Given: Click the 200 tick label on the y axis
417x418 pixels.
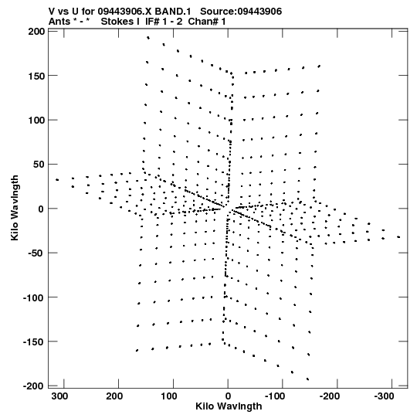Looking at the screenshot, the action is tap(36, 32).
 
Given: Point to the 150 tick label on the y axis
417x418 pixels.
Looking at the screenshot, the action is tap(36, 76).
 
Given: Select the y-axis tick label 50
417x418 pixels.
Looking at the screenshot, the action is tap(39, 165).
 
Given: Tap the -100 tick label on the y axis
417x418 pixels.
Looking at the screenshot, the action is tap(34, 297).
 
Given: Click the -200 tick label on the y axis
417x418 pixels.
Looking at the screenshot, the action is tap(34, 386).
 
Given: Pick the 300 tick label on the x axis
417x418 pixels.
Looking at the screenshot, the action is tap(59, 396).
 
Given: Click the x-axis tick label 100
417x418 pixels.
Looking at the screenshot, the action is tap(169, 396).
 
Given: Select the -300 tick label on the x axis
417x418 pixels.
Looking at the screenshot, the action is tap(384, 396).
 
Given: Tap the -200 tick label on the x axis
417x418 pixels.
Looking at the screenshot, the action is tap(329, 396).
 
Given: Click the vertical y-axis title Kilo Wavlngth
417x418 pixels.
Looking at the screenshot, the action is tap(15, 208).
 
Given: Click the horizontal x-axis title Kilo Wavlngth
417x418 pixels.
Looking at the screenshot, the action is tap(229, 406).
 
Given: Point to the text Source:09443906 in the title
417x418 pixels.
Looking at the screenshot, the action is tap(241, 12).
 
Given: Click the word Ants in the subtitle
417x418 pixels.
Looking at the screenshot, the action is tap(59, 22).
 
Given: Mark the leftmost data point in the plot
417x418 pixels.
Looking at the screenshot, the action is tap(57, 180).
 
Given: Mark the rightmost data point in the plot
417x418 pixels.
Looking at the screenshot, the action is tap(398, 236).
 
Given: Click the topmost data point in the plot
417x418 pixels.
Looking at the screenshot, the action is tap(148, 38).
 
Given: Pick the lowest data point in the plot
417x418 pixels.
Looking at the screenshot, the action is tap(308, 379).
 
